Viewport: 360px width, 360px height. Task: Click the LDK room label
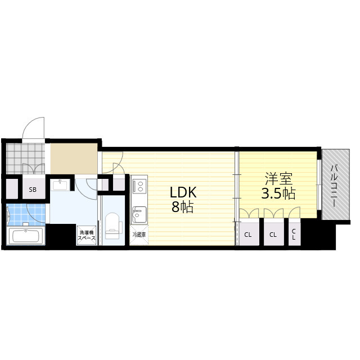(183, 192)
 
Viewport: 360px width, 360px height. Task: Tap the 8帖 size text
(182, 207)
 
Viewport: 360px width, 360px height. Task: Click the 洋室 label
(278, 179)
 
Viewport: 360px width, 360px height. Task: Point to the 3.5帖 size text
(278, 193)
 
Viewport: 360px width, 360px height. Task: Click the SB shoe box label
(33, 190)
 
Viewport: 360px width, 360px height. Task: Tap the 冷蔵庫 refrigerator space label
(139, 235)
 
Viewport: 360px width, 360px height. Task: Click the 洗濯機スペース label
(87, 235)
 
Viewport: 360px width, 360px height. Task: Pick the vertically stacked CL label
(294, 235)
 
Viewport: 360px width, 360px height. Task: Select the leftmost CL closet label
(248, 235)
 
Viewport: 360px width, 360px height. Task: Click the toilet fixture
(112, 226)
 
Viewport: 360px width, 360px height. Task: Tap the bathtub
(25, 236)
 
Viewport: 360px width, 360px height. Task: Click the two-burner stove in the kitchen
(139, 186)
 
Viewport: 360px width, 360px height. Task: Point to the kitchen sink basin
(139, 215)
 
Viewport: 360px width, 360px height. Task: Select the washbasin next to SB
(60, 185)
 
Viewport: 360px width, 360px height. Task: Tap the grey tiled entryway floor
(25, 159)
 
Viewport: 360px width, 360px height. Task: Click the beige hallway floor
(74, 159)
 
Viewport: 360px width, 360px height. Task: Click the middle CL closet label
(273, 235)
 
